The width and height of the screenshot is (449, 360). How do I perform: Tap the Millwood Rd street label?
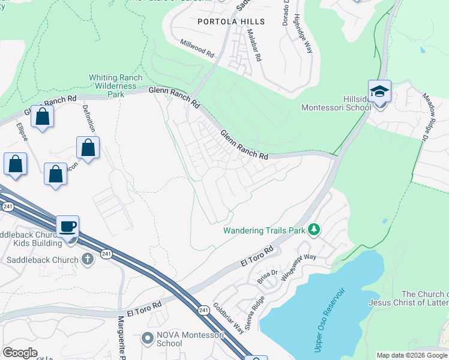[197, 49]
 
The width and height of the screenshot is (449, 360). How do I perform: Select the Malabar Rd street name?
[255, 48]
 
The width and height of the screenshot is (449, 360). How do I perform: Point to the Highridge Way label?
[303, 34]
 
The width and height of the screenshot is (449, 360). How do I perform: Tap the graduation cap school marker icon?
[379, 92]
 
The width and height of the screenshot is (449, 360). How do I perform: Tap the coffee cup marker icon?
[67, 227]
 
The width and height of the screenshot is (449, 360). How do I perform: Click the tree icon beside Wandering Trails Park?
[313, 230]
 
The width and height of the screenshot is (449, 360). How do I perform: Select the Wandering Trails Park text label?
[264, 230]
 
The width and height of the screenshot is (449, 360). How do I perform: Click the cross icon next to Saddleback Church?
[88, 260]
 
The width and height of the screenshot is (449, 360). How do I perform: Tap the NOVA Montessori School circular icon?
[148, 338]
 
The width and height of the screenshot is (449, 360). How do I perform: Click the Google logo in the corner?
[20, 353]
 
